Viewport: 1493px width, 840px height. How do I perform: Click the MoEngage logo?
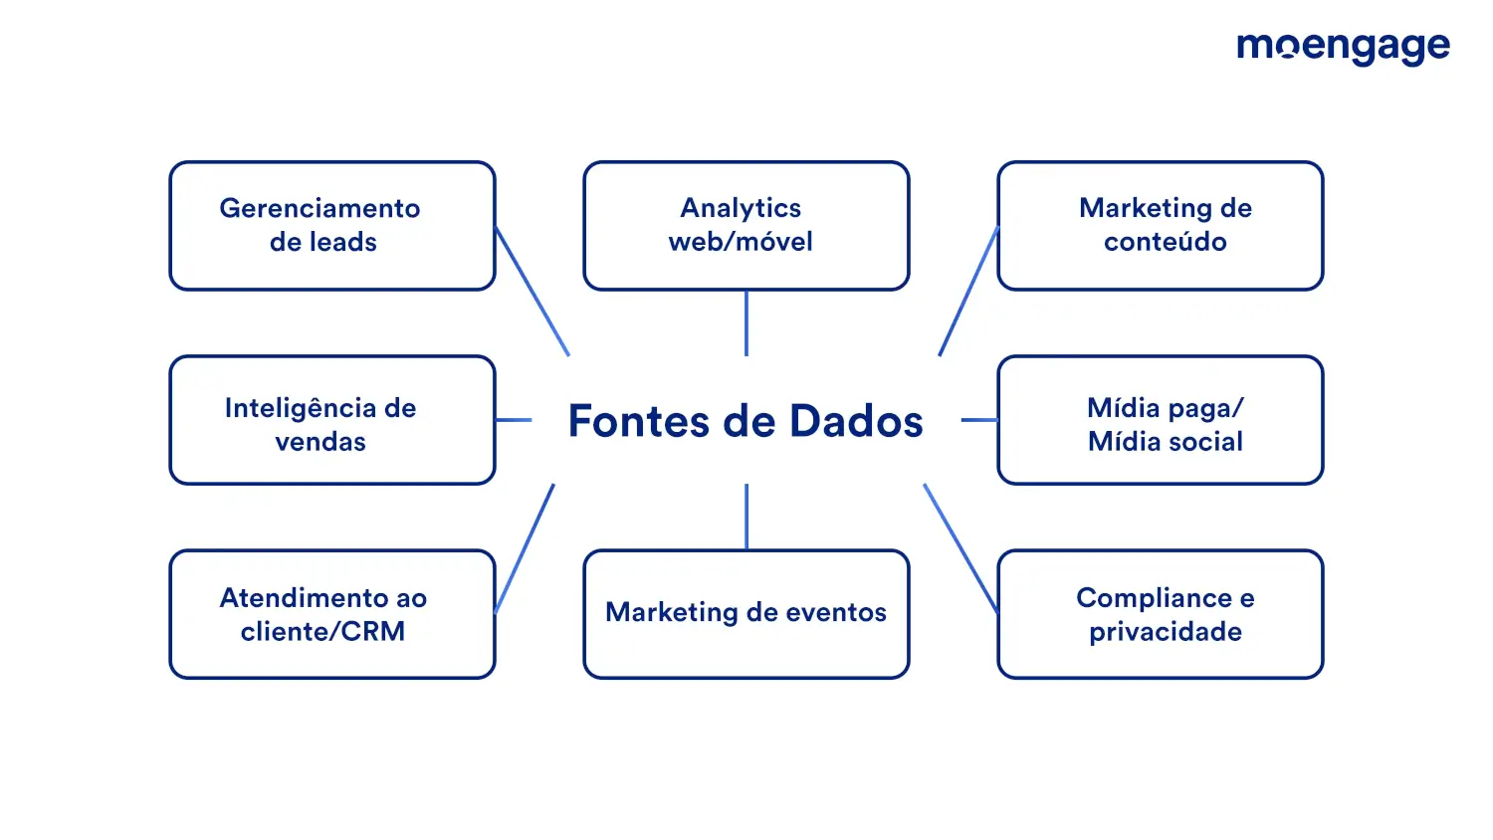(x=1343, y=48)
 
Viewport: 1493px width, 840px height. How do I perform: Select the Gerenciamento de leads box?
(x=332, y=225)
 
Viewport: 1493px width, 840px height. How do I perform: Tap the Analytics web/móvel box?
(x=746, y=225)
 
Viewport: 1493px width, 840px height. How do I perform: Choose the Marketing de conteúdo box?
(x=1161, y=225)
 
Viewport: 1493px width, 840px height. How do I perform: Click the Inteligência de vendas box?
(x=332, y=420)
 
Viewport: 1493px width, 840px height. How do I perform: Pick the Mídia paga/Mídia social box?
(x=1161, y=420)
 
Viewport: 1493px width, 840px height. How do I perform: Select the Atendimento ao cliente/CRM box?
(x=332, y=614)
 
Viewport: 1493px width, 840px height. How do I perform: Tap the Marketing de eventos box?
(x=746, y=614)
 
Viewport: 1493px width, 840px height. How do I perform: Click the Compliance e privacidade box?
(x=1161, y=614)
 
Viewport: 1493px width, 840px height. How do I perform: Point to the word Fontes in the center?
(x=639, y=421)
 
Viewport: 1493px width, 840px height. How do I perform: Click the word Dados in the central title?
(x=856, y=421)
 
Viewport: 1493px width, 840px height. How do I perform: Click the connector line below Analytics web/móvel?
(x=746, y=323)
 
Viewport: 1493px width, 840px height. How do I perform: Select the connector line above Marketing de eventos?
(x=746, y=517)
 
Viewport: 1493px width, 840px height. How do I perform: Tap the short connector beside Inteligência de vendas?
(x=514, y=420)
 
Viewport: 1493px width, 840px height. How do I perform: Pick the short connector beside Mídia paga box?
(x=979, y=420)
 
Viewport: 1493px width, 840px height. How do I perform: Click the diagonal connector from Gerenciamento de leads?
(x=532, y=292)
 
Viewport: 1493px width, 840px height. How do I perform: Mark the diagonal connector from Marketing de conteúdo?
(x=968, y=292)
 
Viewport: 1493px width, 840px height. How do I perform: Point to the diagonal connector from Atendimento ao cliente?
(x=525, y=548)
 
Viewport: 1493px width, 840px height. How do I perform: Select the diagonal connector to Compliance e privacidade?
(x=960, y=548)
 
